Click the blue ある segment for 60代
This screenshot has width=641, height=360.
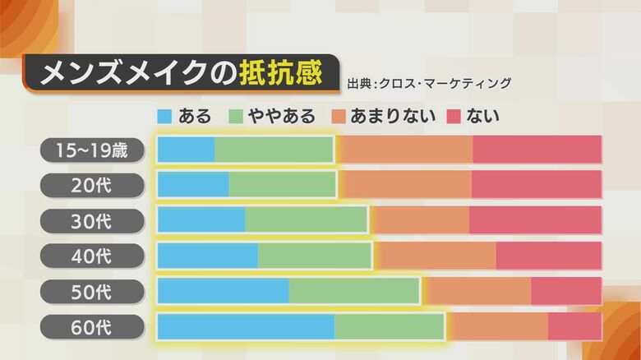point(246,326)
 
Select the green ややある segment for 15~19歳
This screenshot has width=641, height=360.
point(274,150)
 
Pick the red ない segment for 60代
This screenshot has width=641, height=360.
point(574,326)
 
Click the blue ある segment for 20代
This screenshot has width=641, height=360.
point(193,185)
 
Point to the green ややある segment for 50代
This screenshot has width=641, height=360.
point(354,291)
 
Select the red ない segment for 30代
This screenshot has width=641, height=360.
point(535,220)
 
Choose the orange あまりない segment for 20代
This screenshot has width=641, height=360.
point(404,185)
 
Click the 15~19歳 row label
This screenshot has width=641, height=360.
point(92,150)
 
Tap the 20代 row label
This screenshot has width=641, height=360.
point(92,186)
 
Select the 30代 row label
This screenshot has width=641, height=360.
point(92,221)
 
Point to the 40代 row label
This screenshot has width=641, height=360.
point(92,256)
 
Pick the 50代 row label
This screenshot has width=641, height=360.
point(92,292)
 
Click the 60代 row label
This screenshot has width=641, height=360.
point(92,327)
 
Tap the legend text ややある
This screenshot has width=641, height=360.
point(282,116)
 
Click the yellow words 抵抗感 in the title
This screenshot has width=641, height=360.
point(280,73)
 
